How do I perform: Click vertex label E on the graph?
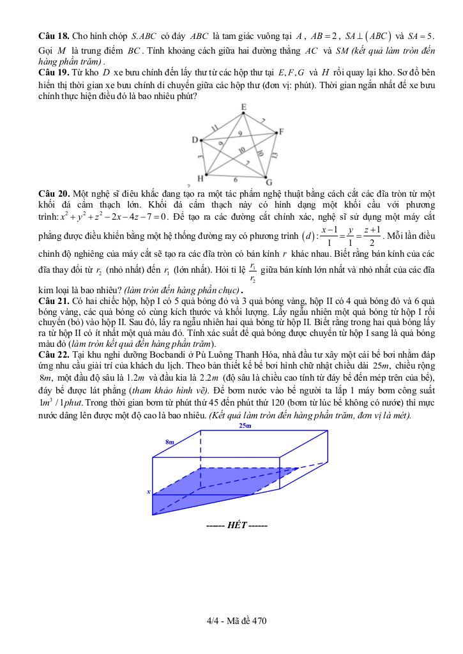pyautogui.click(x=243, y=107)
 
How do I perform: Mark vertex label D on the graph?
pyautogui.click(x=195, y=139)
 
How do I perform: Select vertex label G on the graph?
pyautogui.click(x=269, y=181)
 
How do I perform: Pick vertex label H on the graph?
pyautogui.click(x=200, y=178)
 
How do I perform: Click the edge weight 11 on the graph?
pyautogui.click(x=214, y=126)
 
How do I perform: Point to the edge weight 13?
pyautogui.click(x=275, y=155)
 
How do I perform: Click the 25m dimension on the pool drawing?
pyautogui.click(x=245, y=425)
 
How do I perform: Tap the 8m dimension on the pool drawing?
pyautogui.click(x=169, y=441)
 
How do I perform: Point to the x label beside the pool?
pyautogui.click(x=148, y=492)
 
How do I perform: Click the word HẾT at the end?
pyautogui.click(x=236, y=526)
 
